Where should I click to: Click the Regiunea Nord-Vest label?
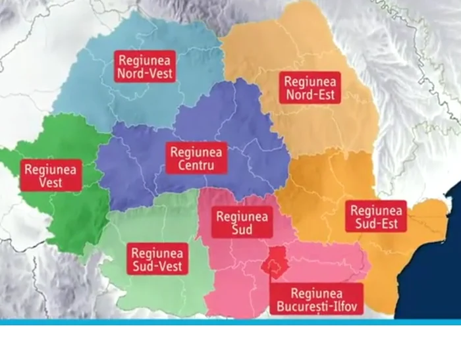point(145,66)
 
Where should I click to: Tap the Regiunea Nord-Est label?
point(310,88)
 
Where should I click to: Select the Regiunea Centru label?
point(196,159)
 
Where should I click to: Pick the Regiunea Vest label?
point(51,175)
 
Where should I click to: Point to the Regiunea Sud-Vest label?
point(157,259)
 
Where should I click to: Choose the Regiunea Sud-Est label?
point(375,217)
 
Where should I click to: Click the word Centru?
point(196,166)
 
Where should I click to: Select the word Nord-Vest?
point(145,73)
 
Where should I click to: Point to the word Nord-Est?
point(310,95)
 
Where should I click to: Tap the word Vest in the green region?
point(51,182)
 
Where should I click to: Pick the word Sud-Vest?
point(157,267)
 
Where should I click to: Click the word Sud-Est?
point(375,224)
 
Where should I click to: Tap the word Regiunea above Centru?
point(196,151)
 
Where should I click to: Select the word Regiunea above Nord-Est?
point(310,82)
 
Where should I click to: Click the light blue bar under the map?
point(230,322)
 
